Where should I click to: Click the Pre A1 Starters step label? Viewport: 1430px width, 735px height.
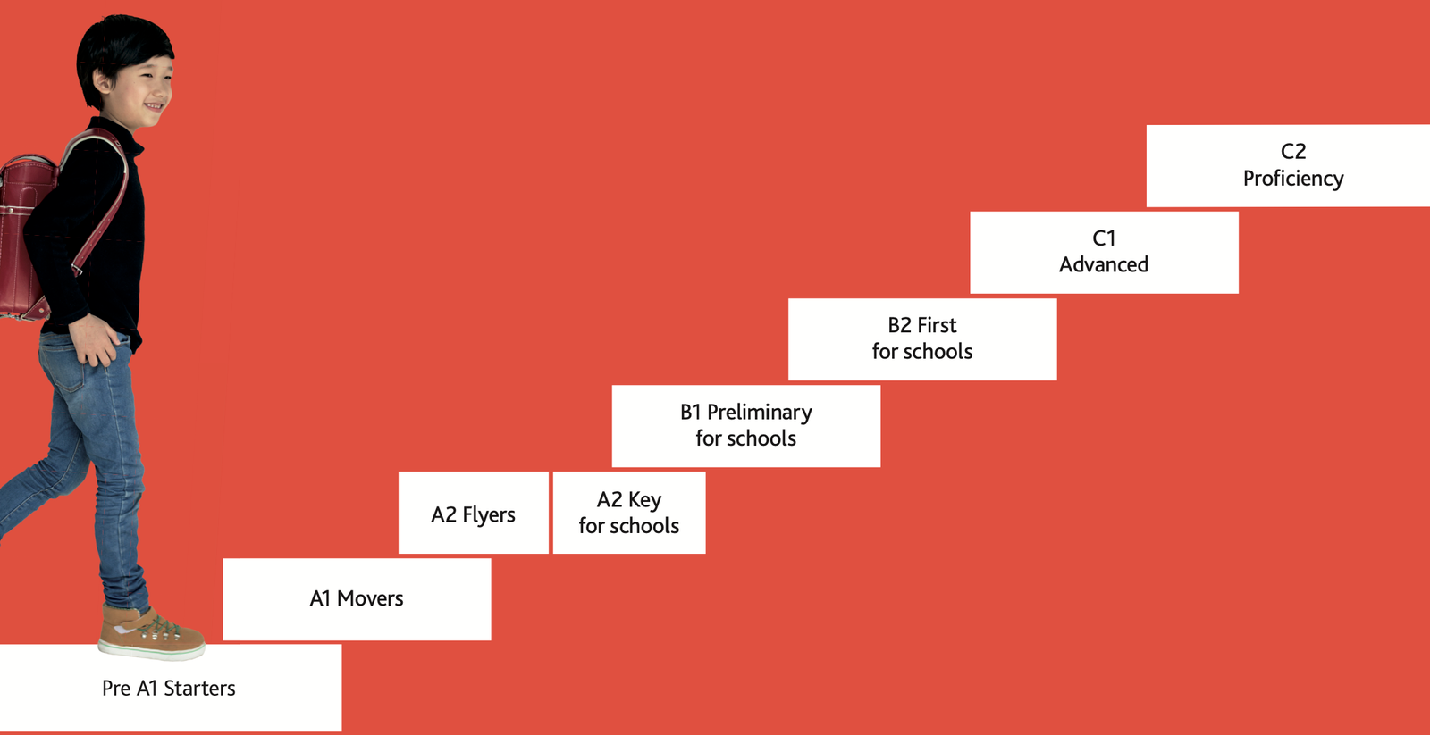[x=168, y=689]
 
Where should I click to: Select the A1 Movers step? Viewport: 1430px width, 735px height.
[x=356, y=599]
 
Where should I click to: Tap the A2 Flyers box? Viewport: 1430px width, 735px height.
[x=473, y=514]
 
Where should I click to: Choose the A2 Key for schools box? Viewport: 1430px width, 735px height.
[x=629, y=514]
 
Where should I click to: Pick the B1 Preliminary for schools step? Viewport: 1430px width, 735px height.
[x=745, y=426]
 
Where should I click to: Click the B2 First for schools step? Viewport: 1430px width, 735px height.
[x=922, y=339]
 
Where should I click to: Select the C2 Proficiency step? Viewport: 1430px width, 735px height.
[x=1292, y=166]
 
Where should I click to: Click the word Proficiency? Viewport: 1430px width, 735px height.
[x=1292, y=179]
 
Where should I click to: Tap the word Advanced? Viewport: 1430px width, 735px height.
[x=1104, y=265]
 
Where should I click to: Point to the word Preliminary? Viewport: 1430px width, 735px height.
[x=759, y=413]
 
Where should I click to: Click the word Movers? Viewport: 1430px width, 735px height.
[x=370, y=599]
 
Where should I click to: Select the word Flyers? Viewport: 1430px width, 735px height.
[x=488, y=515]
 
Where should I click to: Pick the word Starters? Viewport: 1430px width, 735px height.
[x=199, y=689]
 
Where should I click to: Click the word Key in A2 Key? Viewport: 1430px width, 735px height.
[x=644, y=500]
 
